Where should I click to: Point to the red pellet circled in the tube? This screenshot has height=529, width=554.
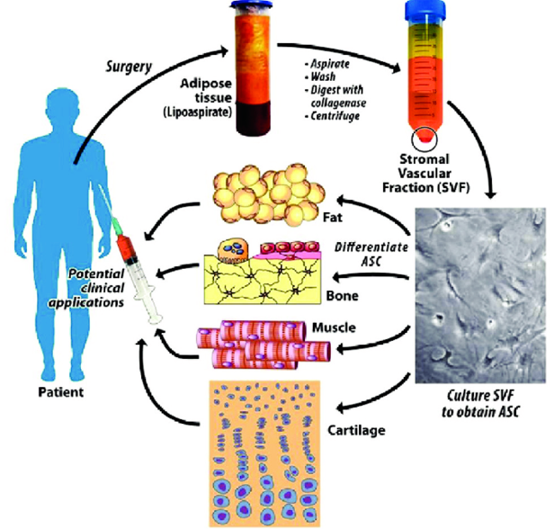click(x=422, y=139)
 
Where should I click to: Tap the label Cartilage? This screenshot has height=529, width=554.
click(x=355, y=431)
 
